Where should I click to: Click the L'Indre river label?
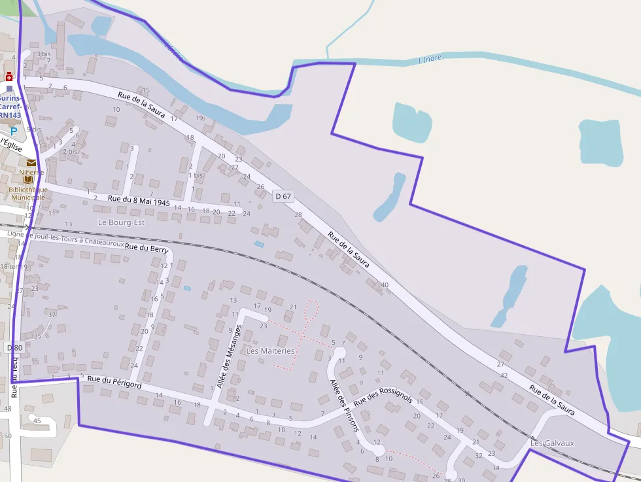(x=430, y=59)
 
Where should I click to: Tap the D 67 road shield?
(x=283, y=196)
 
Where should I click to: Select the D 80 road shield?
(x=14, y=347)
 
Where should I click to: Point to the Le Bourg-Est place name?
(x=121, y=222)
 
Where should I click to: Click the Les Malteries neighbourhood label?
(x=270, y=351)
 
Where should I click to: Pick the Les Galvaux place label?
(x=552, y=443)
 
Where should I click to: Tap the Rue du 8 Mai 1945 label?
(x=139, y=200)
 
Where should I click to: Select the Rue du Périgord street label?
(x=114, y=383)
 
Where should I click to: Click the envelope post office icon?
(x=31, y=163)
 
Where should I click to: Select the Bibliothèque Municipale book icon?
(x=28, y=179)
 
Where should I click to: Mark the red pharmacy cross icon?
(x=9, y=76)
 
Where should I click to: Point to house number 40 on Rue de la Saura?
(x=385, y=284)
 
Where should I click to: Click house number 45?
(x=37, y=421)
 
